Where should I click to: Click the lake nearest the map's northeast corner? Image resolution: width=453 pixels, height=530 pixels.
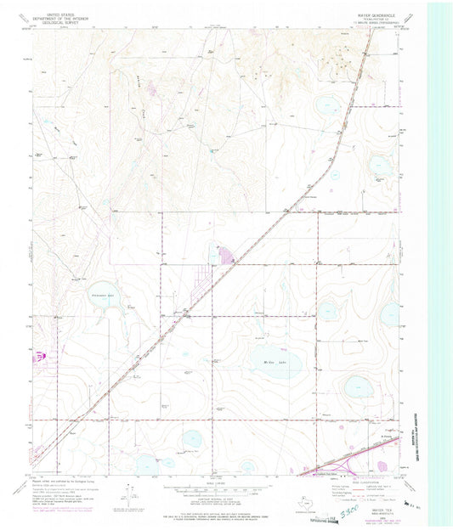pyautogui.click(x=327, y=106)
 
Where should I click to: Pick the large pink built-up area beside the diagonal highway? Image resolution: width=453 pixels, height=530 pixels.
pyautogui.click(x=227, y=254)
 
